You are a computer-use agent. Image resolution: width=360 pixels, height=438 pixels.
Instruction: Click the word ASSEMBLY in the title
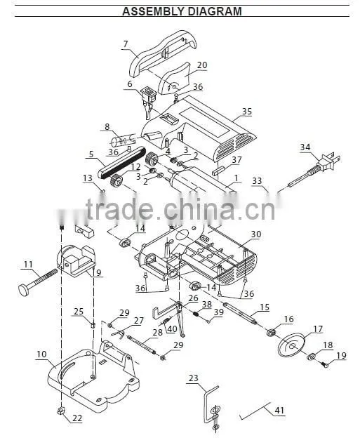tap(154, 11)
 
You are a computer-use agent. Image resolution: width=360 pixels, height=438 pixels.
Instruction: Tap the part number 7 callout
tap(126, 44)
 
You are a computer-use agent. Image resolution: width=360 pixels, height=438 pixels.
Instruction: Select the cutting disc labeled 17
tap(291, 345)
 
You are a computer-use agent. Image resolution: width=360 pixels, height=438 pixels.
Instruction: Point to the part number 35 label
tap(246, 112)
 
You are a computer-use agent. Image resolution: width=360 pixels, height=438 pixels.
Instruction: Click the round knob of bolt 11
tap(25, 288)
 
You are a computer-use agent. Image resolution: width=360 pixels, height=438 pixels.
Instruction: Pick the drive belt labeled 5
tap(121, 161)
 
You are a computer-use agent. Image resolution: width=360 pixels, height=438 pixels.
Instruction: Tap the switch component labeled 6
tap(148, 102)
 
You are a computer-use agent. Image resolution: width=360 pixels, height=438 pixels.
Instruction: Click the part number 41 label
tap(279, 410)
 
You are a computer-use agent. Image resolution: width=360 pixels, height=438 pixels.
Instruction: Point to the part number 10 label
tap(41, 354)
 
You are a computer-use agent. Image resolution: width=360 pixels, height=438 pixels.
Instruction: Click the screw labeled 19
tap(324, 364)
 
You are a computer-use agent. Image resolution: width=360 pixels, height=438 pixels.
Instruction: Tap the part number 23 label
tap(193, 378)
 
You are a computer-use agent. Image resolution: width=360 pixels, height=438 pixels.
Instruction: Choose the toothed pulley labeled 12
tap(117, 180)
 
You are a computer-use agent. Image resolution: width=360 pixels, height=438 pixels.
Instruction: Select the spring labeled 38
tap(197, 314)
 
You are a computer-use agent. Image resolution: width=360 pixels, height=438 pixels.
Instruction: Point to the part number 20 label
tap(202, 65)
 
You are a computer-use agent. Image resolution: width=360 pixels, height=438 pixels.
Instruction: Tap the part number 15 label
tap(265, 307)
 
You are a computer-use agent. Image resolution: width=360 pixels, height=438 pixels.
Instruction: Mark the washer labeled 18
tap(311, 357)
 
